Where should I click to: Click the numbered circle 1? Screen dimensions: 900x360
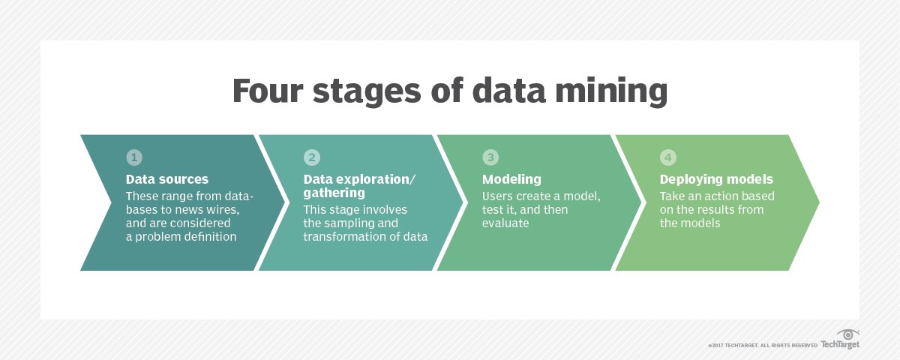click(x=134, y=157)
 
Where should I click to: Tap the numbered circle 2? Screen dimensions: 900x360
click(x=312, y=157)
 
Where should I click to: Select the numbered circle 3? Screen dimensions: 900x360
click(x=490, y=157)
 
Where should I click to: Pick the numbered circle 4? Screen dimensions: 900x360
click(x=667, y=157)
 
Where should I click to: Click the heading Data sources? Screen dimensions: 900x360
click(x=167, y=179)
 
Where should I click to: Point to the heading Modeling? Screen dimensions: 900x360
click(x=511, y=179)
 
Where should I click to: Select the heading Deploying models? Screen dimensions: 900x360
click(x=716, y=179)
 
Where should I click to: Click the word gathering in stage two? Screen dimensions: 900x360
click(x=334, y=193)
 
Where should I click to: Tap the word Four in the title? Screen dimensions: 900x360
click(x=267, y=91)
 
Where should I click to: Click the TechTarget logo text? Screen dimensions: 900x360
click(x=840, y=344)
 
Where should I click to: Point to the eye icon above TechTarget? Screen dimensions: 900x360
click(x=847, y=334)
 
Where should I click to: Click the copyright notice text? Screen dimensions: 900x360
click(x=762, y=346)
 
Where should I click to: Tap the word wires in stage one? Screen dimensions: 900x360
click(x=223, y=210)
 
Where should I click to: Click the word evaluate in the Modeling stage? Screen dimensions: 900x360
click(x=505, y=223)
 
